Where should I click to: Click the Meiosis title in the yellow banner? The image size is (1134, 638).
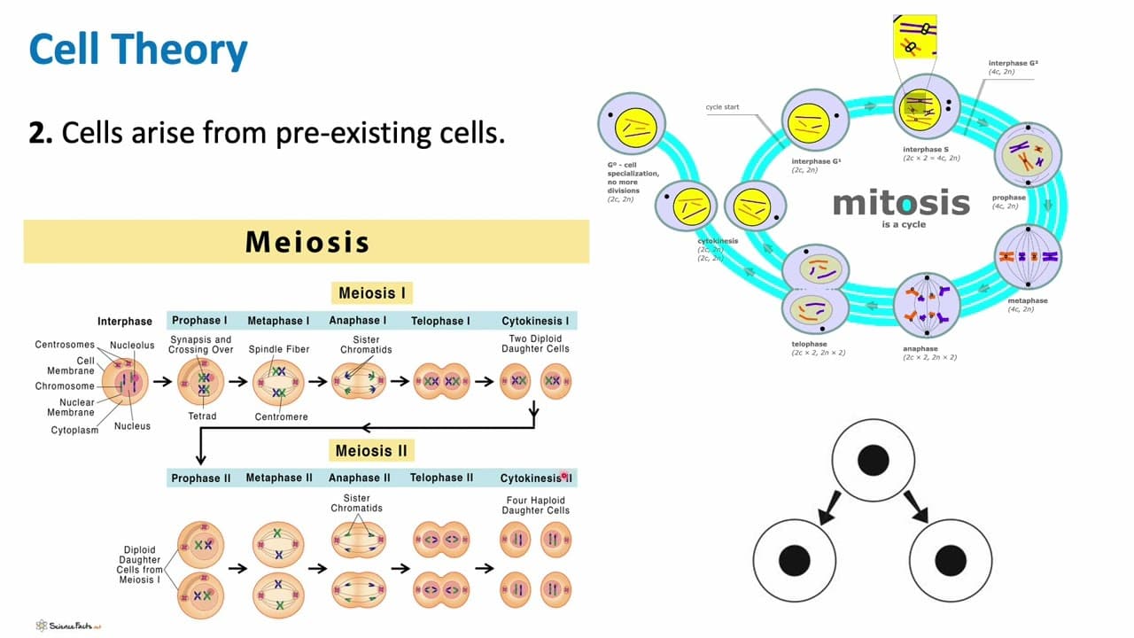307,242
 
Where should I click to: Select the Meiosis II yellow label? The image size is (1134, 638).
371,450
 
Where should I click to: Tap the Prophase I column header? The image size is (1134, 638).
199,321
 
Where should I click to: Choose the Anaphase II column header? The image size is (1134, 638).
360,478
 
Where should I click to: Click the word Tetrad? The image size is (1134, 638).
202,416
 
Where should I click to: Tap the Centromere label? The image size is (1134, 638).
281,416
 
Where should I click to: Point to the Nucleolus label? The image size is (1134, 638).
132,346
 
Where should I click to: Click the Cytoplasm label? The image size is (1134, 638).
74,431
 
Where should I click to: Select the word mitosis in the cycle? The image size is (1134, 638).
901,202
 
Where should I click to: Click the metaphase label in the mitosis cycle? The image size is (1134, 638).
1027,300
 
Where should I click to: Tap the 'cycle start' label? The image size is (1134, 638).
722,107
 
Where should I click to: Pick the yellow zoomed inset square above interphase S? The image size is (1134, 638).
914,36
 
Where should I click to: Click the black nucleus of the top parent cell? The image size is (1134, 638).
874,460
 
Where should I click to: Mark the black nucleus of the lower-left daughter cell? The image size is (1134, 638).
795,560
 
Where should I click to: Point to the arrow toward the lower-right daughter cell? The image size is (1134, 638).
916,508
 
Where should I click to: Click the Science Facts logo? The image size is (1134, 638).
68,626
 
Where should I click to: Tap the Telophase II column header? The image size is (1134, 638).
441,478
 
